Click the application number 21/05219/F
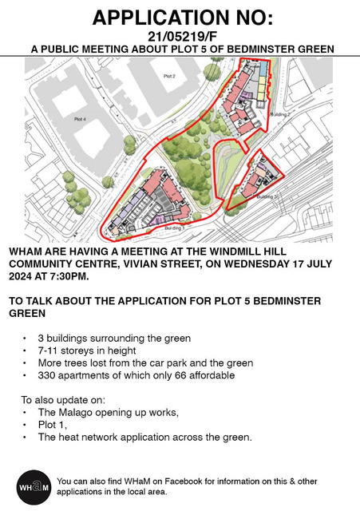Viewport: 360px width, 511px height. [x=180, y=36]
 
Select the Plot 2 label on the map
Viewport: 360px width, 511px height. [x=168, y=76]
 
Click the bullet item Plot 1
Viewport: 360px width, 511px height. [x=50, y=425]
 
